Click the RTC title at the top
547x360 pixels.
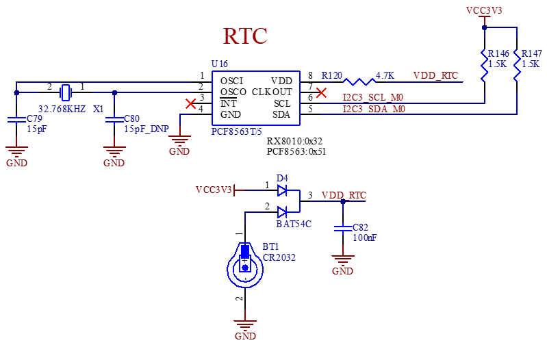(x=245, y=36)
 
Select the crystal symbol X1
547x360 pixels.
(x=65, y=92)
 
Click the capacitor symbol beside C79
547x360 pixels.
(x=16, y=120)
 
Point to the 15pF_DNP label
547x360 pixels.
(x=146, y=129)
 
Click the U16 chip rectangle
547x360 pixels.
(x=256, y=98)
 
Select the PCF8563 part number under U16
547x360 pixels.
(x=236, y=131)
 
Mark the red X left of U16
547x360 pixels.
(x=192, y=103)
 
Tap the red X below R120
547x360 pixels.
(x=322, y=92)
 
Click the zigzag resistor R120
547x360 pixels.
(x=359, y=81)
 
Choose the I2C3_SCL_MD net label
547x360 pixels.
(x=374, y=98)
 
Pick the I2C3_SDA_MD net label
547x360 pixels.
(x=374, y=109)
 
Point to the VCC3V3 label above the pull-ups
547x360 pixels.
(x=484, y=11)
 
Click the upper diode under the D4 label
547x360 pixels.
(x=282, y=190)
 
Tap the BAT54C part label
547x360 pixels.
(x=294, y=224)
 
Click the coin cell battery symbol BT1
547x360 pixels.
(x=245, y=265)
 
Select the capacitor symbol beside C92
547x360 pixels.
(x=342, y=229)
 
